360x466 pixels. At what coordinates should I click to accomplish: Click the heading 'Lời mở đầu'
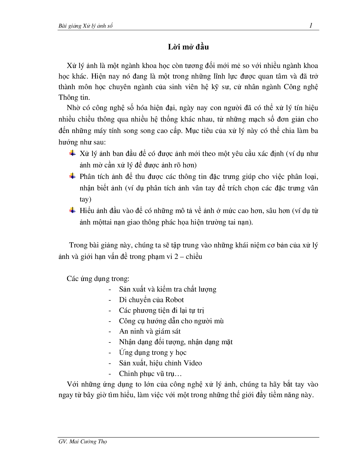[x=188, y=47]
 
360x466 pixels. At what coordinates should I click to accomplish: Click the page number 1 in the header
[x=311, y=26]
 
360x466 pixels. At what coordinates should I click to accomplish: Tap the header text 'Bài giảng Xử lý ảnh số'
[x=86, y=26]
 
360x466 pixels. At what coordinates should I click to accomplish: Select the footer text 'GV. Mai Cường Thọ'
[x=83, y=442]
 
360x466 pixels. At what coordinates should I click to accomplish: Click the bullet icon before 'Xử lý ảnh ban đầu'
[x=72, y=153]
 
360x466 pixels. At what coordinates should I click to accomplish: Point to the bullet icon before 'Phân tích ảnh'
[x=72, y=176]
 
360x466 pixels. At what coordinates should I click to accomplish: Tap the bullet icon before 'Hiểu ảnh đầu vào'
[x=72, y=210]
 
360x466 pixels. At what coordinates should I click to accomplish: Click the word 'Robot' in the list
[x=174, y=300]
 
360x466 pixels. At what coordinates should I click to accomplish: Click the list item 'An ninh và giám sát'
[x=150, y=331]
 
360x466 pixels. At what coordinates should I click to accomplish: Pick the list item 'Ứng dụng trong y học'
[x=153, y=352]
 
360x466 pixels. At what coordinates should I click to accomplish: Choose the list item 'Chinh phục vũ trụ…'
[x=151, y=374]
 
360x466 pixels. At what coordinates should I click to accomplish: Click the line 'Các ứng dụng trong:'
[x=98, y=278]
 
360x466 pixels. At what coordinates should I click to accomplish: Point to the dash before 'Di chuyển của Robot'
[x=110, y=300]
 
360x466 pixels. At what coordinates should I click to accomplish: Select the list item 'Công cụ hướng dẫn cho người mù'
[x=171, y=321]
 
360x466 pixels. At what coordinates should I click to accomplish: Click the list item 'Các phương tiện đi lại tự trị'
[x=161, y=310]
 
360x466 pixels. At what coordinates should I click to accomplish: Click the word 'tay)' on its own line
[x=86, y=199]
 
